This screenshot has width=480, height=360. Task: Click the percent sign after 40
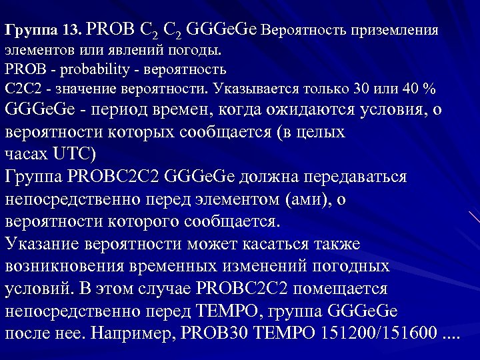430,89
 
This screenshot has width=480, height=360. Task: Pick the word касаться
329,244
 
